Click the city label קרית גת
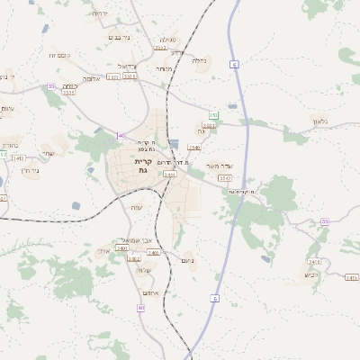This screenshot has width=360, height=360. (142, 166)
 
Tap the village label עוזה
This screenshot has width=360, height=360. (138, 208)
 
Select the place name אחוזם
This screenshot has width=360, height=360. (150, 292)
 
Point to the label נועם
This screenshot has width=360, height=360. (187, 261)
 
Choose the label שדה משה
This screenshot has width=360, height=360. (219, 166)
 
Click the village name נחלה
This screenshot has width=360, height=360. (199, 61)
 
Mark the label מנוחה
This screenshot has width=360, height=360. (163, 68)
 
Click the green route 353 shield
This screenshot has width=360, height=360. (213, 116)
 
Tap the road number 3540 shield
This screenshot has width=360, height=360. (194, 147)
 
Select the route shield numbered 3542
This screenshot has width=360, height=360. (225, 178)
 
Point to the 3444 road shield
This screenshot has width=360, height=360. (169, 175)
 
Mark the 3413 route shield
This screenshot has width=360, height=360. (18, 158)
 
